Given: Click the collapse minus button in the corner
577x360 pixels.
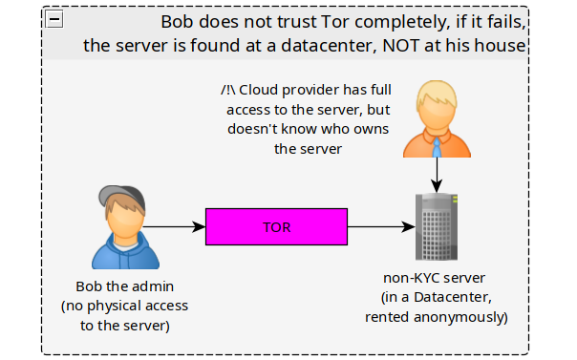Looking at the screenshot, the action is (54, 19).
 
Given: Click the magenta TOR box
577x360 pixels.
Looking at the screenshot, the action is (276, 226).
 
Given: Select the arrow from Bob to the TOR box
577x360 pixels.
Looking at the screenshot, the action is (174, 227).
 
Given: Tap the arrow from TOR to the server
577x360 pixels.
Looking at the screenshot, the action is (381, 227).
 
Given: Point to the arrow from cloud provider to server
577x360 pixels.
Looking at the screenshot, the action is (437, 175).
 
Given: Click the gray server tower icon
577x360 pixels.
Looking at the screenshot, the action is (437, 226).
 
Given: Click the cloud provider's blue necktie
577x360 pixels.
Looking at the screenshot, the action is (437, 147).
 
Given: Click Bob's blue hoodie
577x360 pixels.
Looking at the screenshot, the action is (125, 253).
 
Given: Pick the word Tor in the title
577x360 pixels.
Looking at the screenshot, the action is (335, 22).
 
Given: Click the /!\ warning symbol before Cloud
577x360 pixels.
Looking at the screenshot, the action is (228, 90).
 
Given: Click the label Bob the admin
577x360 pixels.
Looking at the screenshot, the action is (125, 286).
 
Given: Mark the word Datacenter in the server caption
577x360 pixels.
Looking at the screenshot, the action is (453, 297).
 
